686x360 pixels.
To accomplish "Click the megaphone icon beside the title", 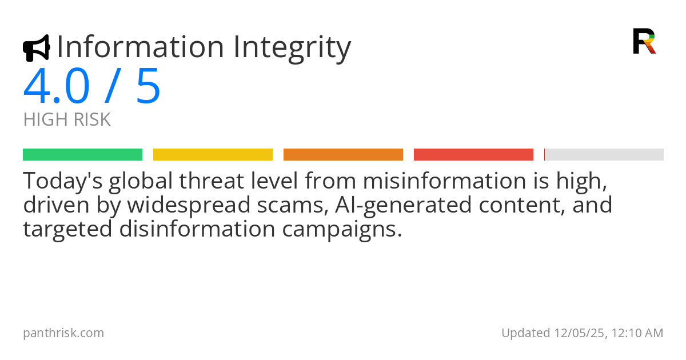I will click(x=36, y=48).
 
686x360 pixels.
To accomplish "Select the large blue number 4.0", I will click(x=57, y=87).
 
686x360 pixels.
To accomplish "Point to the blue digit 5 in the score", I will click(x=148, y=87).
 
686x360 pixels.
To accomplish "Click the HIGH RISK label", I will click(x=67, y=120).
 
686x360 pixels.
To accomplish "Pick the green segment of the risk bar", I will click(x=82, y=154).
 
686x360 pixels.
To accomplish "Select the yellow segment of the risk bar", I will click(x=213, y=154).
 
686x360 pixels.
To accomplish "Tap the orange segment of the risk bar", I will click(x=343, y=154).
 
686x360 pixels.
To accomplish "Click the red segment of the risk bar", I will click(x=473, y=154).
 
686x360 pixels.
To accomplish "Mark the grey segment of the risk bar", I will click(x=604, y=154).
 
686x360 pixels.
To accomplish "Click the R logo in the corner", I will click(x=644, y=41).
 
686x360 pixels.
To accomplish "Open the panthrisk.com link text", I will click(x=63, y=333).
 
